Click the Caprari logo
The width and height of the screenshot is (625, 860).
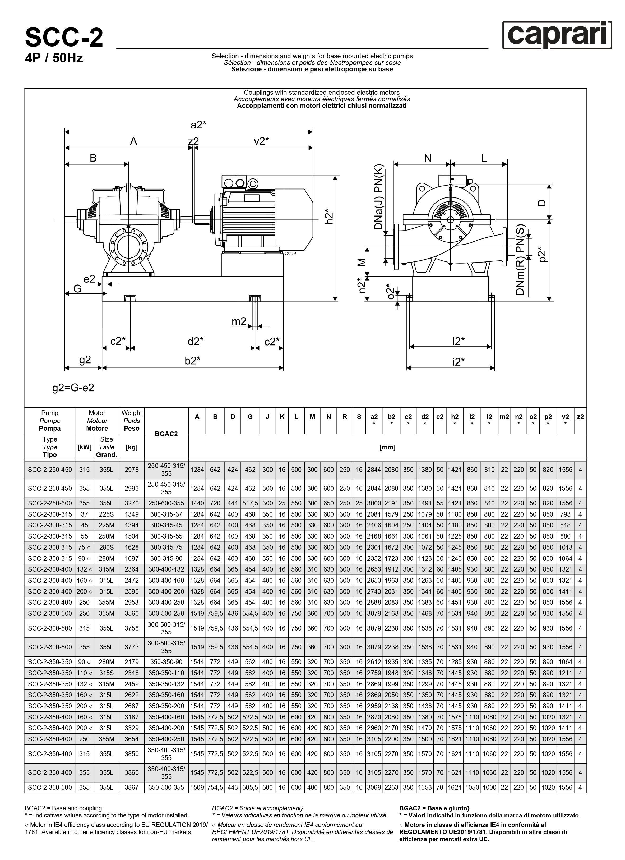[557, 35]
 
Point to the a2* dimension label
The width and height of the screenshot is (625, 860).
[198, 125]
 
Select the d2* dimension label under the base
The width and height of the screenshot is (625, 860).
[195, 341]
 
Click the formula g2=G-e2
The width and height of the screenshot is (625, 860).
[73, 388]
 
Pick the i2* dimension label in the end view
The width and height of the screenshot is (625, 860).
[458, 361]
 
